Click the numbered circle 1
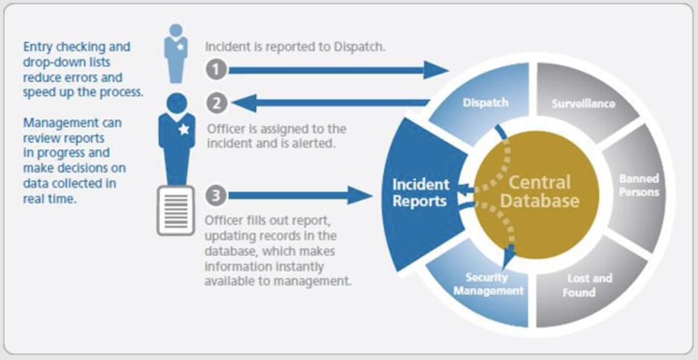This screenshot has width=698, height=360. (216, 69)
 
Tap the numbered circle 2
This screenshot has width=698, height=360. (216, 103)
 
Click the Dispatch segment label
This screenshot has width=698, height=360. (485, 103)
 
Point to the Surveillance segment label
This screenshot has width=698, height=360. (584, 103)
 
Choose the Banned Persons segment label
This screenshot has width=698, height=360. (639, 185)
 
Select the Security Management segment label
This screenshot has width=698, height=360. (488, 284)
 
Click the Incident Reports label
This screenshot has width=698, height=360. (419, 193)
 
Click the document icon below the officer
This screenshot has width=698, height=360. (175, 210)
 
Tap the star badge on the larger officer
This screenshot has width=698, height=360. (184, 129)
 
